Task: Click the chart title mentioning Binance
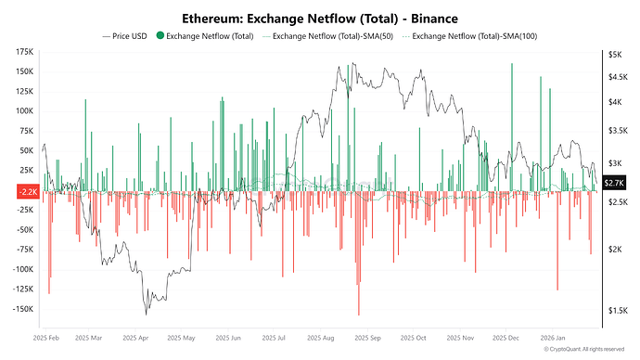(320, 19)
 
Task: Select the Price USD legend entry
(124, 36)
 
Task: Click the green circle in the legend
(160, 36)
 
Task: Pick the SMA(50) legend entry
(327, 36)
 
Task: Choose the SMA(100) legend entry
(469, 36)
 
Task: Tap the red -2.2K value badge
(28, 192)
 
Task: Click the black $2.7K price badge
(614, 183)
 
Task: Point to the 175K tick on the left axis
(24, 52)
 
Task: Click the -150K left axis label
(23, 309)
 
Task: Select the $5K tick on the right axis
(615, 55)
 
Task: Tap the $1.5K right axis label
(618, 311)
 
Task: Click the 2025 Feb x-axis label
(46, 338)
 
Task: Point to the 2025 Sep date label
(367, 338)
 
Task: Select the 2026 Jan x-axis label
(553, 338)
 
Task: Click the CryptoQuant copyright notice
(584, 350)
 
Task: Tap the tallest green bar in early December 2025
(512, 127)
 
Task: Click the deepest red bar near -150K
(359, 253)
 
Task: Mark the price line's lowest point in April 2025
(147, 315)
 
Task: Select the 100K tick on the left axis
(24, 111)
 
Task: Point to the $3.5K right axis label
(618, 131)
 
